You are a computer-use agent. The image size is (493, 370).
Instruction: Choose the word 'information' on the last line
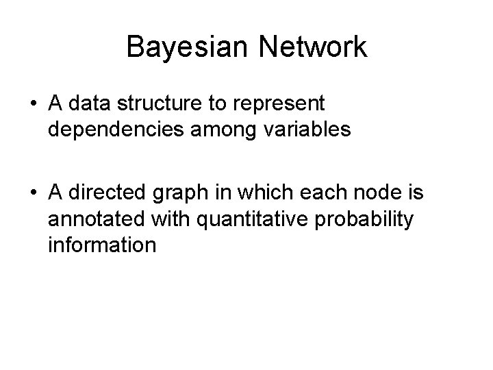pyautogui.click(x=102, y=245)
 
